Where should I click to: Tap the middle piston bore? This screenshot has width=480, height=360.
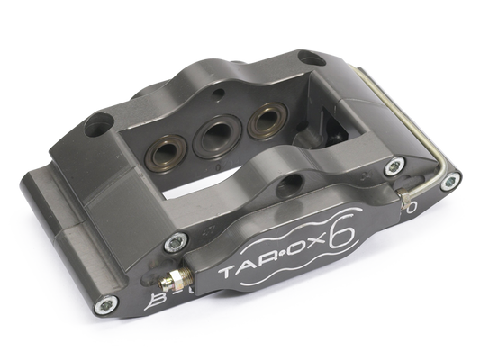point(216,133)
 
